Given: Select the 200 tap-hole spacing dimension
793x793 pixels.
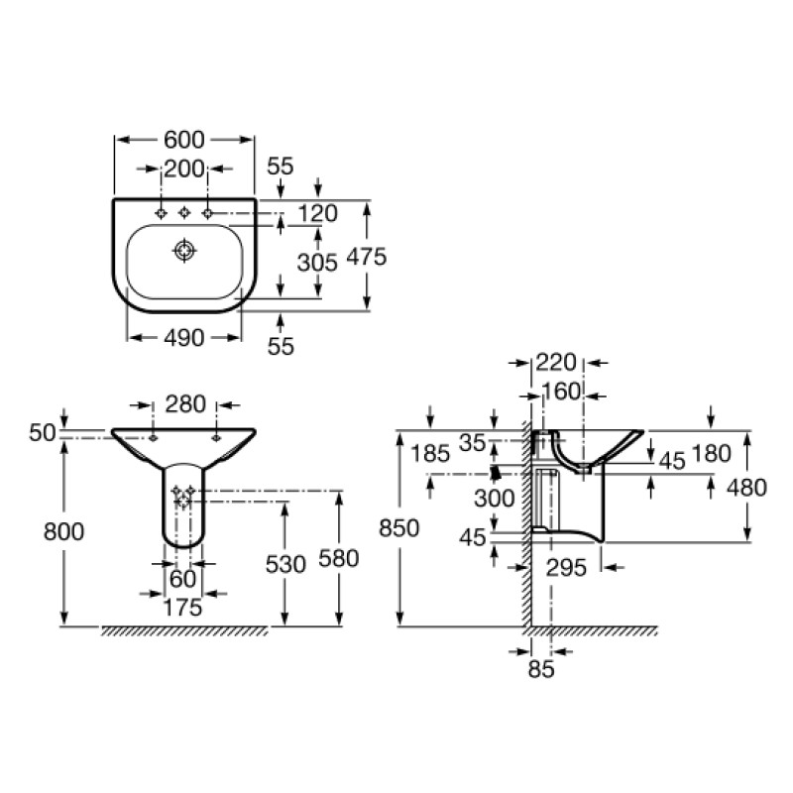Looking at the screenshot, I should tap(183, 169).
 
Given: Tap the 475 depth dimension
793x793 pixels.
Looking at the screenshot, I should tap(366, 256).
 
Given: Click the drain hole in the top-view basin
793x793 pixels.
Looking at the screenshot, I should tap(183, 251).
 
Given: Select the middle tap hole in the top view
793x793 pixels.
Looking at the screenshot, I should tap(183, 213).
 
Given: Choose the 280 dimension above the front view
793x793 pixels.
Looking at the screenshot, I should tap(185, 404).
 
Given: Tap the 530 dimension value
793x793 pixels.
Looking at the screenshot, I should tap(285, 563).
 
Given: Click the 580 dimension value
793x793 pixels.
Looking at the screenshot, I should tap(338, 559).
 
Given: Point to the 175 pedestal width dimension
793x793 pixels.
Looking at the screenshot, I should tap(182, 607).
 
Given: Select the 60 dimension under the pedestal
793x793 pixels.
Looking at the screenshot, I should tap(183, 578).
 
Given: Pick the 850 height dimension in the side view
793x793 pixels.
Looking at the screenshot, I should tap(398, 527).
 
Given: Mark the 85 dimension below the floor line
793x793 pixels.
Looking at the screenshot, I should tap(540, 669).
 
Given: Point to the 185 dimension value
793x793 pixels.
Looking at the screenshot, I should tap(430, 455).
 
